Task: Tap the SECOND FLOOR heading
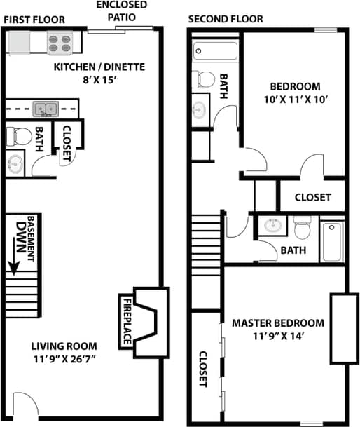tap(225, 19)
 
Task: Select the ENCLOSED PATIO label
tap(121, 12)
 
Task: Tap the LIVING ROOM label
tap(64, 346)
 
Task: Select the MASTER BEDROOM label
tap(278, 323)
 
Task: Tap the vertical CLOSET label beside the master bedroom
tap(203, 369)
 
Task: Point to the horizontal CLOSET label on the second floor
tap(312, 197)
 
